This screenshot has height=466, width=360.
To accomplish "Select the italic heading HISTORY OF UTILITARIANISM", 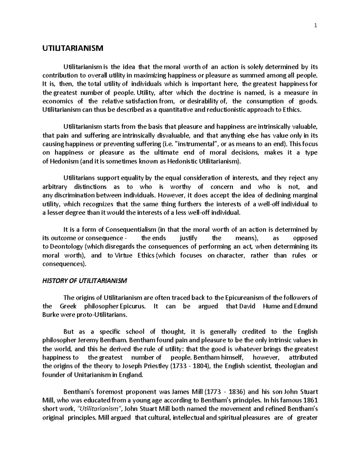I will [85, 281].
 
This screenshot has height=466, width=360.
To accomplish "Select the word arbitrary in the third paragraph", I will [55, 187].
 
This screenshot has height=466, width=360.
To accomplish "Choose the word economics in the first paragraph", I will [58, 101].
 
